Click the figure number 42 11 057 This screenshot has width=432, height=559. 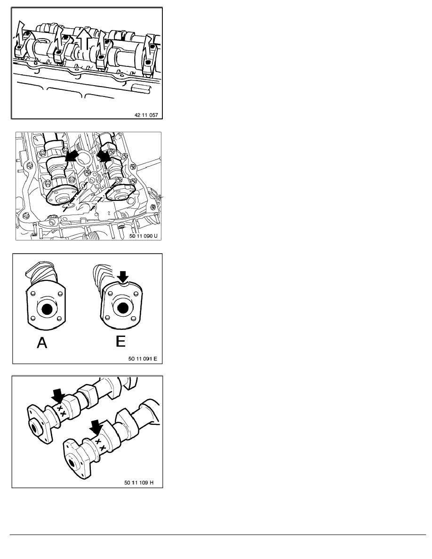(146, 115)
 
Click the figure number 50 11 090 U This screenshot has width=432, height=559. (143, 236)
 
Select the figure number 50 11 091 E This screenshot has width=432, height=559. (143, 358)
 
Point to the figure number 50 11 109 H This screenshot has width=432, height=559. (139, 482)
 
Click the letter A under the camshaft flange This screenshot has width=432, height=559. (42, 343)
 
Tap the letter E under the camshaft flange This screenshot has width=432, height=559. (121, 341)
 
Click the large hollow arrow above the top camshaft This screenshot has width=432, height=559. (84, 39)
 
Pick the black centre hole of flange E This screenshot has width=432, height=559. (123, 308)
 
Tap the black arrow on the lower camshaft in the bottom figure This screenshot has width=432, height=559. (96, 427)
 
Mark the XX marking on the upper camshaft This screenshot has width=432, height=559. (61, 411)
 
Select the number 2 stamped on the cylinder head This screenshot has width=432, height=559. (108, 213)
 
